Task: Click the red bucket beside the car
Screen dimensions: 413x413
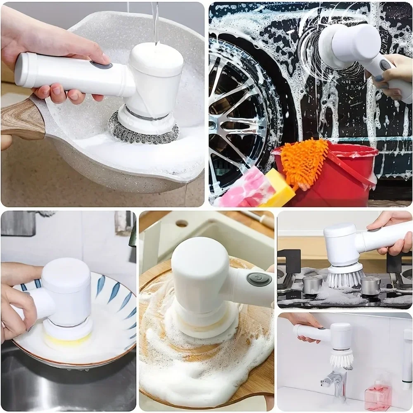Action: pyautogui.click(x=343, y=173)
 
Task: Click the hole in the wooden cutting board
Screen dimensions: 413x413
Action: pyautogui.click(x=182, y=223)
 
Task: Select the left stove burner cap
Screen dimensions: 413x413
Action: pyautogui.click(x=312, y=285)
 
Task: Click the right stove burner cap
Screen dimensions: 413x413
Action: pyautogui.click(x=370, y=285)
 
